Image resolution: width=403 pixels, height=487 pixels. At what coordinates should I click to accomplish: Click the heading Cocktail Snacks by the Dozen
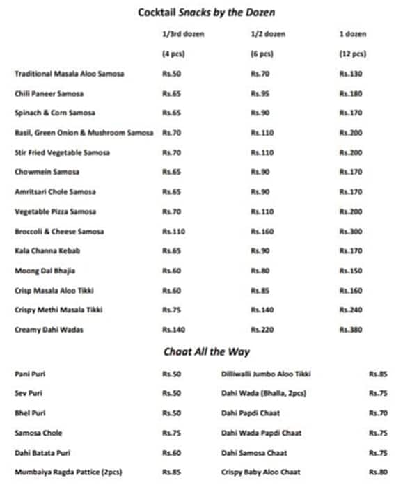tap(200, 12)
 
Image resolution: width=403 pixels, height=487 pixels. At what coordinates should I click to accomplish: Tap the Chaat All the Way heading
tap(206, 352)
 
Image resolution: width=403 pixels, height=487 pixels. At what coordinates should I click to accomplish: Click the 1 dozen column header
tap(353, 34)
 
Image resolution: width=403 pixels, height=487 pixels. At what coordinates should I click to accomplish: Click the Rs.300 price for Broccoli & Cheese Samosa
tap(350, 231)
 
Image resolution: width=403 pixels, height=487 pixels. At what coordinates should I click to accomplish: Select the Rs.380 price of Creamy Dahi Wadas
tap(350, 330)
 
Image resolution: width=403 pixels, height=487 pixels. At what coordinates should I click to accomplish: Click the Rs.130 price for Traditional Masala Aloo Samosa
tap(350, 74)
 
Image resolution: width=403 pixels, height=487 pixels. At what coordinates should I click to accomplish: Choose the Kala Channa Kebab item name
tap(44, 250)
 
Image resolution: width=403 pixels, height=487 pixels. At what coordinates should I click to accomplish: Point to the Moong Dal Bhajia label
tap(45, 271)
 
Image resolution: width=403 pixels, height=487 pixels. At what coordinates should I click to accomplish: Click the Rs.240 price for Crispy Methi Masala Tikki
tap(350, 310)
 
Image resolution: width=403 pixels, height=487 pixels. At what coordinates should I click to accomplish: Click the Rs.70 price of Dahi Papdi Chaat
tap(378, 413)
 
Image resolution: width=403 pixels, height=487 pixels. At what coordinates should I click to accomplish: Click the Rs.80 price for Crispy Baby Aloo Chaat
tap(378, 472)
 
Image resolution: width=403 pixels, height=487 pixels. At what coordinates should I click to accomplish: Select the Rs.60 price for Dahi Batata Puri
tap(171, 453)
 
